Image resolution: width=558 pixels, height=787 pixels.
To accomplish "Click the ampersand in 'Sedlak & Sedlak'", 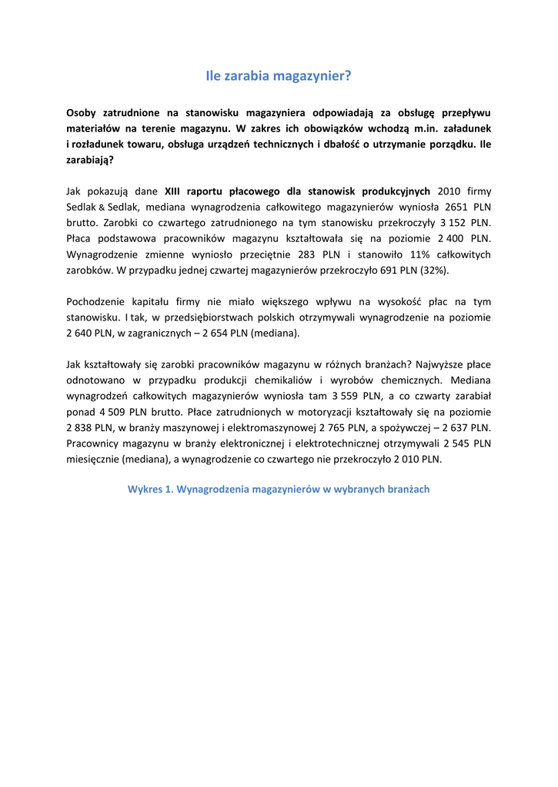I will (x=101, y=207).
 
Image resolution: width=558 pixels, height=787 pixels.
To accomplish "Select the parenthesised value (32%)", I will (x=434, y=271).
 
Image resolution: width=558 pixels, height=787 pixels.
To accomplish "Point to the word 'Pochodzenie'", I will (x=96, y=302).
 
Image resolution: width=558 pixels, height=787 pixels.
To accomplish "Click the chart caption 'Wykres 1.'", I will (x=151, y=489).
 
